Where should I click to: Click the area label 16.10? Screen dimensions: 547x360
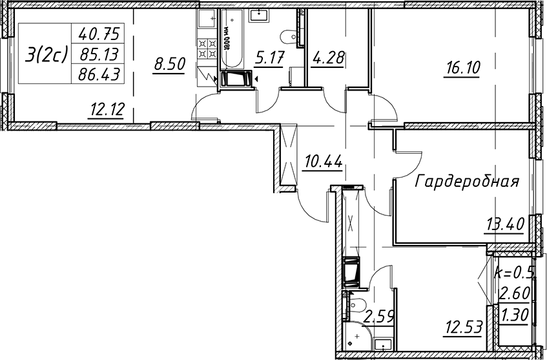tap(462, 68)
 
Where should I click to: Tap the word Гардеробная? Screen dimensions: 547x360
tap(468, 182)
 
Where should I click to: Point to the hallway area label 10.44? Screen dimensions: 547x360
tap(324, 162)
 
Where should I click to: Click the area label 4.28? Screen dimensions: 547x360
tap(328, 58)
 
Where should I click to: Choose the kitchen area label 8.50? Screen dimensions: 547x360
tap(169, 65)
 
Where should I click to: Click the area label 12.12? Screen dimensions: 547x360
tap(107, 111)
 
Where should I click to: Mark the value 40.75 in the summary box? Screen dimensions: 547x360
tap(99, 34)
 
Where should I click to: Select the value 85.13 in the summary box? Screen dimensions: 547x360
tap(99, 54)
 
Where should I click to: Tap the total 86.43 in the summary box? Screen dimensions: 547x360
tap(99, 74)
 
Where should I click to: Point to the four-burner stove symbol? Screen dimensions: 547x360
tap(207, 48)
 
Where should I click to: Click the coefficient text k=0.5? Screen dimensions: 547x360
tap(515, 271)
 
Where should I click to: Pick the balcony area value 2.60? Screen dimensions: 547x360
tap(514, 293)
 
